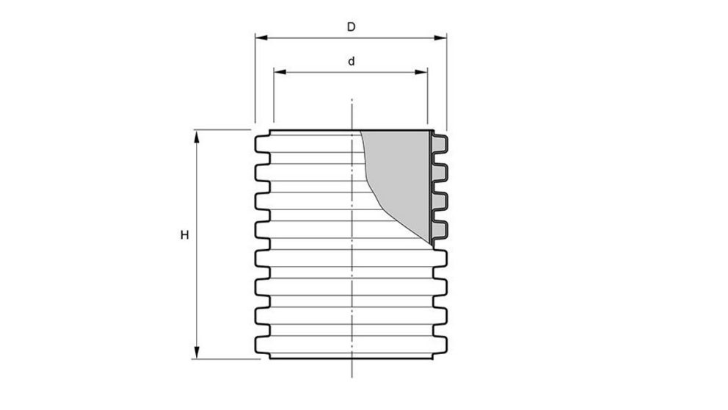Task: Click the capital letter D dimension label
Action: pos(352,27)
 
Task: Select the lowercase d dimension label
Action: pos(352,62)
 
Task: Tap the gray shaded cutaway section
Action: pos(400,176)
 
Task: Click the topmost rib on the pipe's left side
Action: pos(261,143)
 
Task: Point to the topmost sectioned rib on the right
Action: pos(440,143)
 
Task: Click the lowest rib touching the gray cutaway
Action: pos(440,230)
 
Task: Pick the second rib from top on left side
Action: pos(261,172)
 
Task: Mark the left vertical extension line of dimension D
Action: pos(255,81)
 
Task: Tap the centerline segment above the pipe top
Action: pos(352,114)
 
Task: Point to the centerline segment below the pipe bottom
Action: pos(352,370)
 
